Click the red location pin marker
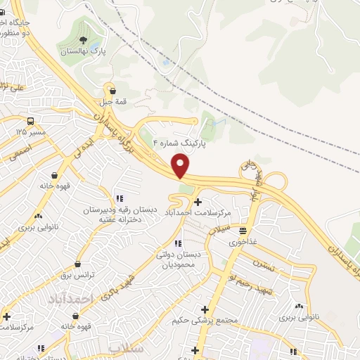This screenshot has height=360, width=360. point(181,166)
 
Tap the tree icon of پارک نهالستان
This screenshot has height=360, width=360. point(84,40)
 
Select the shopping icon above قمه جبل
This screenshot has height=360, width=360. point(112,89)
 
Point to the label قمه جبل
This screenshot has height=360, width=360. point(112,101)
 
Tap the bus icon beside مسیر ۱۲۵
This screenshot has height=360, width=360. point(32,120)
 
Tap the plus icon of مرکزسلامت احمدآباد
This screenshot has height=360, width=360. point(198,202)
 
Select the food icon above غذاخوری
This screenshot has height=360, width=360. point(243,230)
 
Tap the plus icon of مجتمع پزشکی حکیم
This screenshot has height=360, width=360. point(205,309)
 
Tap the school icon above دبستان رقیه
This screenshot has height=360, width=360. point(120,199)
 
